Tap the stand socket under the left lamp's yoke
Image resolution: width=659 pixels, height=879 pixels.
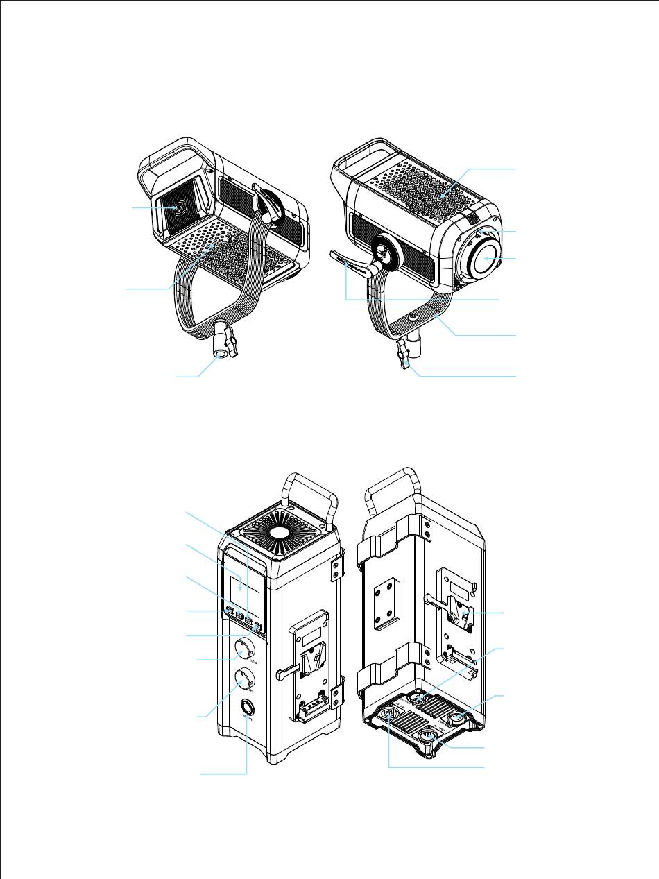point(221,354)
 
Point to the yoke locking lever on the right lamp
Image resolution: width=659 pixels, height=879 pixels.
point(350,260)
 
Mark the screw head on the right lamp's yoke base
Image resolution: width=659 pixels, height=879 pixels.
point(413,316)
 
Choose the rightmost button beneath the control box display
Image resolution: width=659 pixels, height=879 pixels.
point(258,629)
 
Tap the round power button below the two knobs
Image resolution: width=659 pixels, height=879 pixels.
point(246,708)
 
